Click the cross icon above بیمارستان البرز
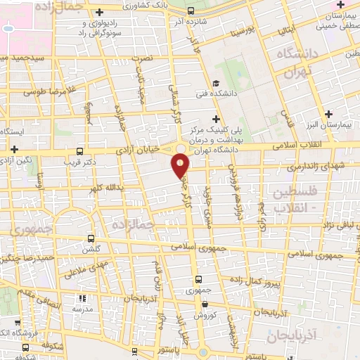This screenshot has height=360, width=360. coord(329,113)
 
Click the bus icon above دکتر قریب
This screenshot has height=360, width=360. coord(79,151)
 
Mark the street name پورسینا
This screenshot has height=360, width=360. coord(235,32)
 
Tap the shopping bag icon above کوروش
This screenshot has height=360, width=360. coord(205,304)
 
